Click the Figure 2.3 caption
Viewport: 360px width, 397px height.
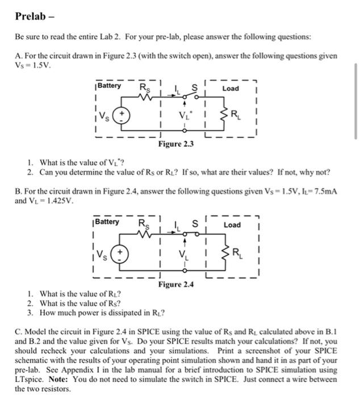176,144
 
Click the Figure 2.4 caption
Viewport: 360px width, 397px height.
176,284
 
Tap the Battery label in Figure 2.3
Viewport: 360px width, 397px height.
109,86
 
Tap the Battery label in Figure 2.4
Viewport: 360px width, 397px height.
107,222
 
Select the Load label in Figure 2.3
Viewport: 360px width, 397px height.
231,88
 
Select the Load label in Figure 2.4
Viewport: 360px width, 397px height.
232,225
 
